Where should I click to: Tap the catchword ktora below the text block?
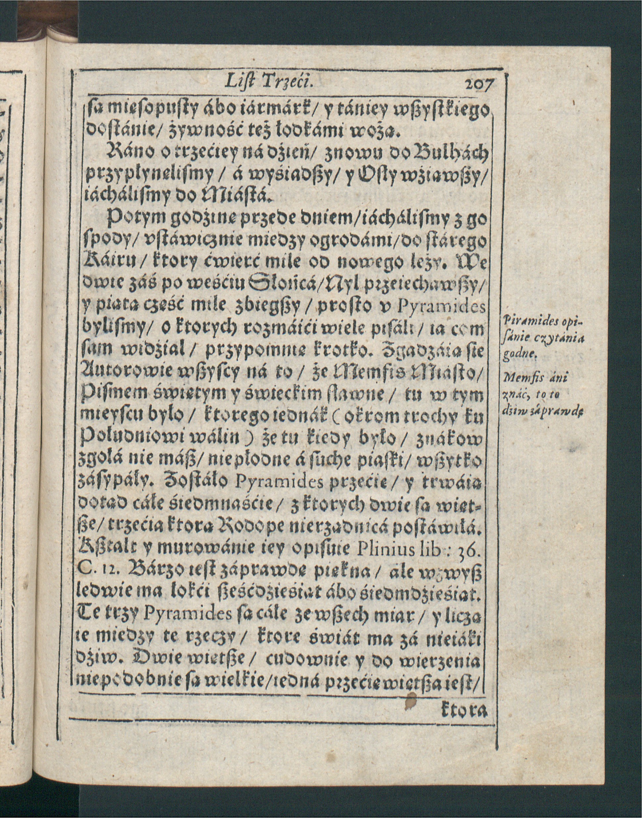[465, 710]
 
